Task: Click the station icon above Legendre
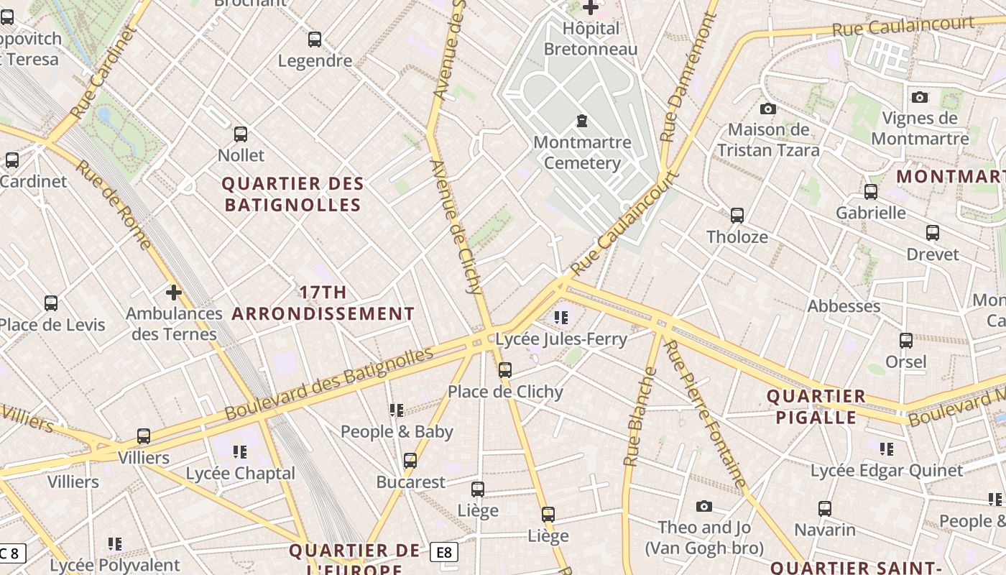tap(315, 40)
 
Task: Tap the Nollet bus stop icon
tap(241, 134)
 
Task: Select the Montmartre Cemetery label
tap(582, 152)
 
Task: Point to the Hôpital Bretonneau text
tap(591, 39)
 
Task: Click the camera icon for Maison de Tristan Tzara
tap(768, 109)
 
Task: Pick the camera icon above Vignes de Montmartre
tap(920, 97)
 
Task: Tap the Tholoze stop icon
tap(737, 216)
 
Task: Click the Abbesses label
tap(844, 306)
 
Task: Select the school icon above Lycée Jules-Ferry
tap(561, 317)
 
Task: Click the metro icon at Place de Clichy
tap(505, 370)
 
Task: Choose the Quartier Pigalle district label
tap(816, 407)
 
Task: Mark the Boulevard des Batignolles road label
tap(329, 384)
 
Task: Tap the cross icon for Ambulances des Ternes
tap(173, 293)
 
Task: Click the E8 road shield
tap(444, 552)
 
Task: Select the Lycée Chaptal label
tap(240, 474)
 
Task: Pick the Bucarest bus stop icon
tap(410, 461)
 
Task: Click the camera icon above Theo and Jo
tap(704, 507)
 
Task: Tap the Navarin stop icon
tap(825, 509)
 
